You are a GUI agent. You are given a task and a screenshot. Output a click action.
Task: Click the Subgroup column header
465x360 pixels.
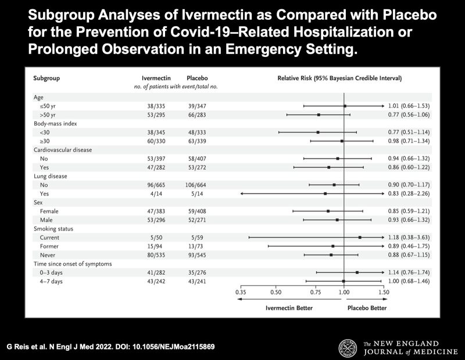47,77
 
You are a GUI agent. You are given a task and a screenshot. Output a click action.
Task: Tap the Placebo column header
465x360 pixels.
196,77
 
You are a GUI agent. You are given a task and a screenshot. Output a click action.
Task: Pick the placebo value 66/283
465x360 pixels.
196,115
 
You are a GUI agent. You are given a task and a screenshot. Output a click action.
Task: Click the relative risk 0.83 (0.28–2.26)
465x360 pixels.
409,193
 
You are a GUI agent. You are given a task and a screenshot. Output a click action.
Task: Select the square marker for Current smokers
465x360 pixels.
360,237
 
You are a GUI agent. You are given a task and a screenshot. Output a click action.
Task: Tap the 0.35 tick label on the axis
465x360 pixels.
241,293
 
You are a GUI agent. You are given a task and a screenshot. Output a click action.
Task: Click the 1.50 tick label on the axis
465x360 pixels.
384,293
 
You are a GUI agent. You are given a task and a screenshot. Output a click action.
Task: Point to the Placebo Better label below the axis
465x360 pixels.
367,308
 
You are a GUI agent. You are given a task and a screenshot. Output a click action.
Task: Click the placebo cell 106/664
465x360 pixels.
196,185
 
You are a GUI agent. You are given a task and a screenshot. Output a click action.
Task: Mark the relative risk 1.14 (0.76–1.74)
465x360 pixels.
409,272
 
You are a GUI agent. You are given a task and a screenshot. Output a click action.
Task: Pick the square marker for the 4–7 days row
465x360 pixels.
344,281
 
